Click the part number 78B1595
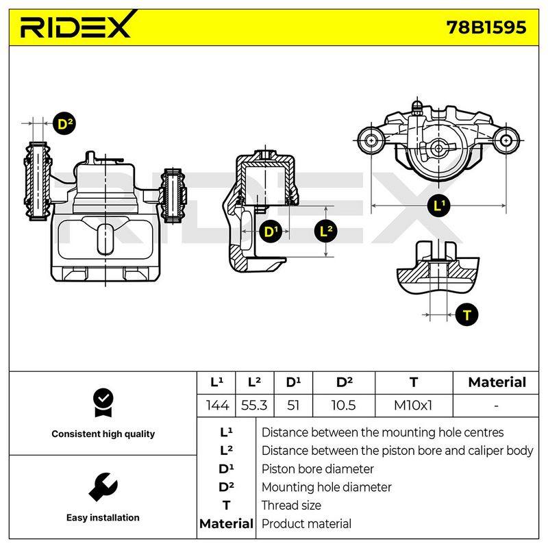click(x=486, y=27)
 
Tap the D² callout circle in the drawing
click(x=64, y=124)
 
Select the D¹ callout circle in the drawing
click(x=270, y=232)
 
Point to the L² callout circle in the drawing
click(x=325, y=231)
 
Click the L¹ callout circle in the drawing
click(x=438, y=205)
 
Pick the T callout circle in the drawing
click(x=467, y=315)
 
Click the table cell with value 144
click(x=216, y=406)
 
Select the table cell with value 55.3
click(x=254, y=406)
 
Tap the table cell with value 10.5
click(x=344, y=406)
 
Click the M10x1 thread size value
click(x=413, y=406)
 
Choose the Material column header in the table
click(x=497, y=382)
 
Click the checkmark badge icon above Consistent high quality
click(x=103, y=403)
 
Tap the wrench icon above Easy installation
click(x=103, y=487)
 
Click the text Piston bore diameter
click(x=317, y=469)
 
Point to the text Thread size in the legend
click(x=291, y=506)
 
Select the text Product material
click(x=306, y=524)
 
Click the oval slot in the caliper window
click(x=105, y=239)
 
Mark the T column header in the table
click(x=414, y=382)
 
